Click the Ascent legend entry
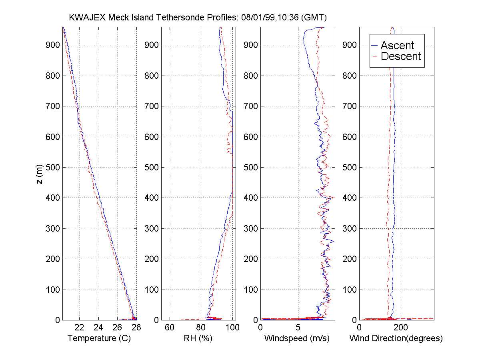pos(397,45)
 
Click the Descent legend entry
pos(400,56)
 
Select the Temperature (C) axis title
pos(99,338)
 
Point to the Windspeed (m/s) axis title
pos(297,338)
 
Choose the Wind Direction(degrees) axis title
pos(396,338)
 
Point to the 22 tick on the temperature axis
pos(80,328)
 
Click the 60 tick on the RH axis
pos(170,328)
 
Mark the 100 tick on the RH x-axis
pos(232,328)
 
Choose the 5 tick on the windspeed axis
pos(298,328)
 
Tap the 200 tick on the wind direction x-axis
pos(400,328)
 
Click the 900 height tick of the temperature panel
pos(53,45)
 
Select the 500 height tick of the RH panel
pos(152,167)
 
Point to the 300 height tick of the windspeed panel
pos(251,228)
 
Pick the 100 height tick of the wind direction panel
pos(350,290)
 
